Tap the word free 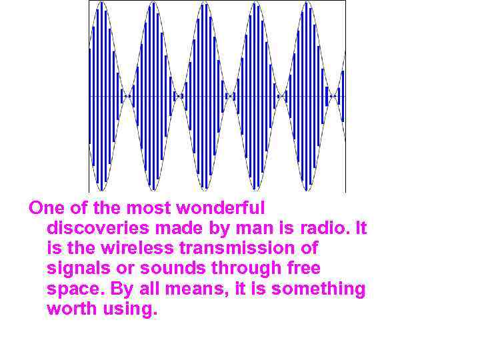(x=304, y=269)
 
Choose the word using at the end (x=130, y=310)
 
